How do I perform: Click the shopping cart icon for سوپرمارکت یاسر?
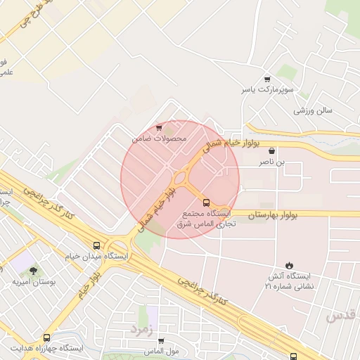tap(266, 79)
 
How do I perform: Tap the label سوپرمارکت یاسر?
tap(266, 91)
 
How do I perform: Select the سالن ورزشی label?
tap(313, 110)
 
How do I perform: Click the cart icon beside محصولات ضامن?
tap(160, 127)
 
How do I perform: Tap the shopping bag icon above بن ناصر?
tap(271, 150)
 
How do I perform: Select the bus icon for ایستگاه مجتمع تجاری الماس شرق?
tap(206, 202)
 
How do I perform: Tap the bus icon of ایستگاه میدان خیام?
tap(96, 245)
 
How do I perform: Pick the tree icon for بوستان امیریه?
tap(33, 271)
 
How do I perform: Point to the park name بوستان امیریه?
tap(33, 282)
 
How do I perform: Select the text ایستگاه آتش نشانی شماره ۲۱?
tap(290, 281)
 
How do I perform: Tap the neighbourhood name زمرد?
tap(142, 328)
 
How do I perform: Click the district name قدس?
tap(344, 316)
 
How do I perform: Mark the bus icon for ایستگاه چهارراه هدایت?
tap(47, 337)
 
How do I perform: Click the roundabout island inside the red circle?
tap(180, 176)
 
